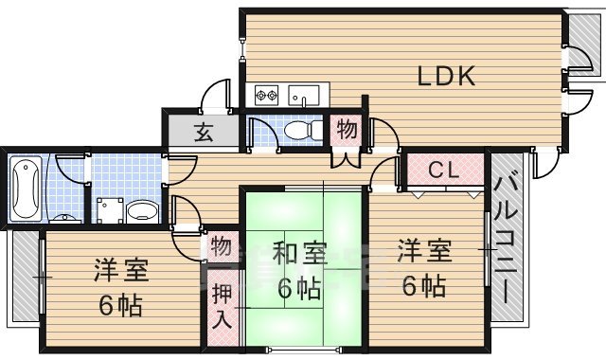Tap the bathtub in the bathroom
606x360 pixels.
point(26,186)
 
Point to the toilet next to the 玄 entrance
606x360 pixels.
point(301,130)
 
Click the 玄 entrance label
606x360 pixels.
point(204,133)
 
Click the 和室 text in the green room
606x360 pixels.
point(300,255)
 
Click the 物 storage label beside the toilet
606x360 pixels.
point(347,130)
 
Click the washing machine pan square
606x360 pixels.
point(111,209)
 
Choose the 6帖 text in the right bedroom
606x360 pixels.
point(422,285)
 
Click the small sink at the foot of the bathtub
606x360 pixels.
point(64,218)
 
